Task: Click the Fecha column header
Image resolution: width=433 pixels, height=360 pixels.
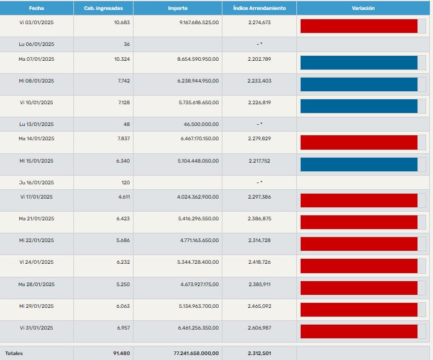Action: (37, 8)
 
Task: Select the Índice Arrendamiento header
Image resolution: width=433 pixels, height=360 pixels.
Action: (259, 8)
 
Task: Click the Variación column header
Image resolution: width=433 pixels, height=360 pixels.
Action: (363, 8)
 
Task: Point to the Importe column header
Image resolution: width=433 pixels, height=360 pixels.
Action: (178, 8)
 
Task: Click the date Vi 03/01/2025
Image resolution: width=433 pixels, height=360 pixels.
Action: (37, 22)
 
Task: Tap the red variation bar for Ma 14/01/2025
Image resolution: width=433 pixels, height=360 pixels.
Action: (358, 143)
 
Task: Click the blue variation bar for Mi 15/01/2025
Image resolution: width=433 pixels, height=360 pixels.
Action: (358, 164)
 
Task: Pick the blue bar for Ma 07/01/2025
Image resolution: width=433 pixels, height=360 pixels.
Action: (358, 63)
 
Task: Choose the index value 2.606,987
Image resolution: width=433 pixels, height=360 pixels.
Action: (258, 328)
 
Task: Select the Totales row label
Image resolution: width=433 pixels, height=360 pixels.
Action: (14, 353)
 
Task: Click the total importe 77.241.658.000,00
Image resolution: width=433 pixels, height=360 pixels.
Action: (196, 353)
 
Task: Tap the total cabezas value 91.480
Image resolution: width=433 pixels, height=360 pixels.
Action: (122, 353)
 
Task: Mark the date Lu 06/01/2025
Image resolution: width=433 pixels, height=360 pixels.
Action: (37, 44)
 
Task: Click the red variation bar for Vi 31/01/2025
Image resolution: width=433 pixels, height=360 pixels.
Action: (358, 331)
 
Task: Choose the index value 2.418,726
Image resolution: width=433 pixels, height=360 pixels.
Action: (258, 262)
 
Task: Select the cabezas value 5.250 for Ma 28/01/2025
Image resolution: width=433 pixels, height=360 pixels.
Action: (123, 284)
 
